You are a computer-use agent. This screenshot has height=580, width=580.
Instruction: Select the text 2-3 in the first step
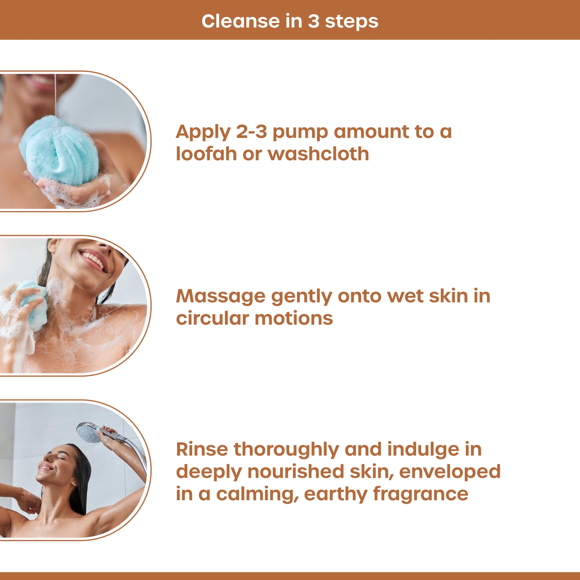click(x=251, y=132)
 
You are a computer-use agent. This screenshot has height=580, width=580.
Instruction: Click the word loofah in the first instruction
click(x=206, y=154)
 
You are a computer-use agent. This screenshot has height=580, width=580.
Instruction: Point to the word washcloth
click(x=318, y=154)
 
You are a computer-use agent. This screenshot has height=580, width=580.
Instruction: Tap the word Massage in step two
click(x=221, y=296)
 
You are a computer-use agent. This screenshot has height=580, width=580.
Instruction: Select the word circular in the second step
click(x=212, y=318)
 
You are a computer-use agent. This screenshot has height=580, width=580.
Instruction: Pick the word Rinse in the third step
click(x=201, y=449)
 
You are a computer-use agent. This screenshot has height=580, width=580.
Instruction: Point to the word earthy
click(x=335, y=494)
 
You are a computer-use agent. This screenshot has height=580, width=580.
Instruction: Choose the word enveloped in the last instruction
click(x=450, y=472)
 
